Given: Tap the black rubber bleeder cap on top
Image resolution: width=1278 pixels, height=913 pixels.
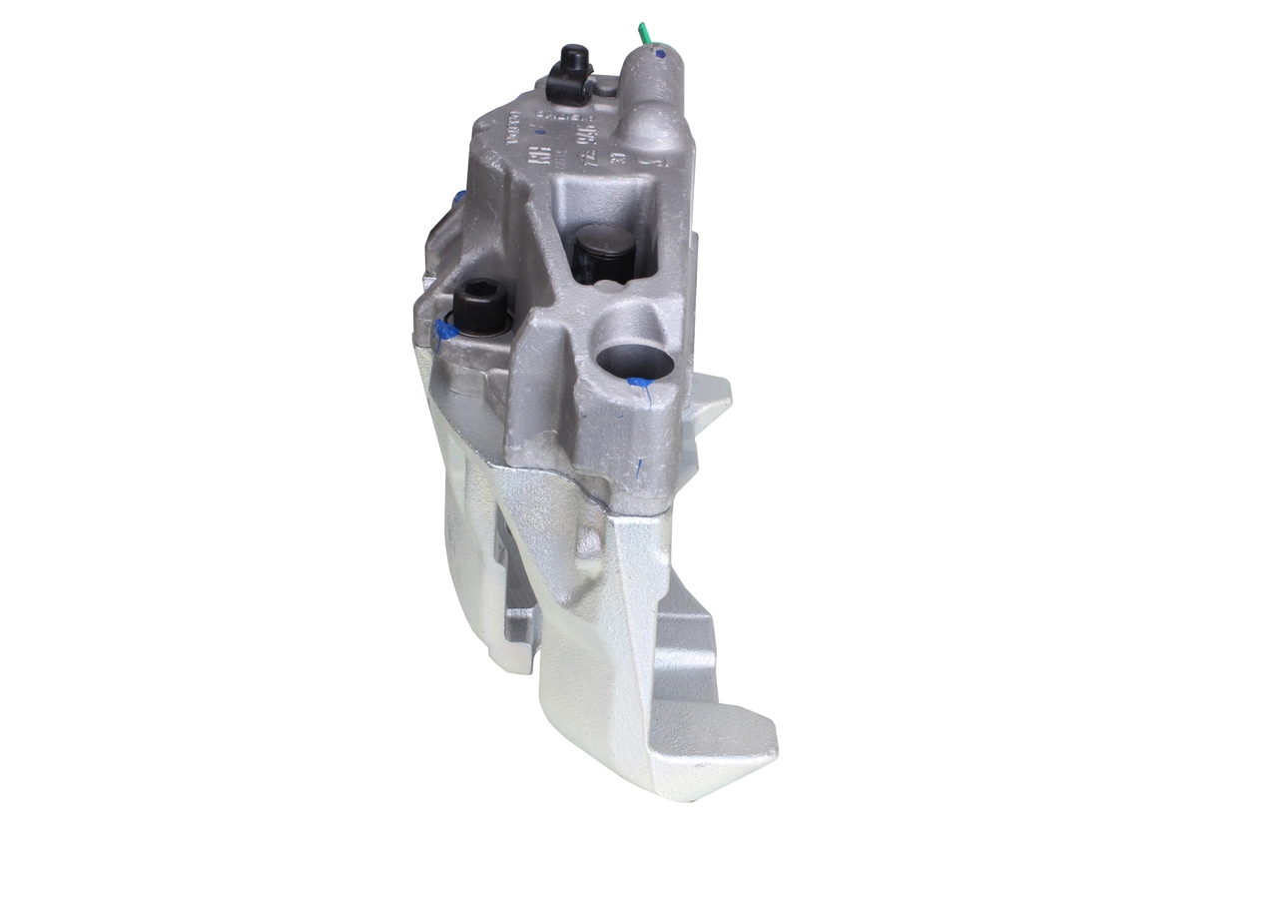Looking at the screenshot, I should click(x=573, y=59).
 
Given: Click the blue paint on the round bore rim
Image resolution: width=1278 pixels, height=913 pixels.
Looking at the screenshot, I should click(x=635, y=381).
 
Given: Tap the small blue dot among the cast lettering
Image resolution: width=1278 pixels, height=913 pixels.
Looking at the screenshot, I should click(x=540, y=131).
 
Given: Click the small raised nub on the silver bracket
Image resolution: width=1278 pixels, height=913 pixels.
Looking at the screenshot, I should click(x=588, y=544).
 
